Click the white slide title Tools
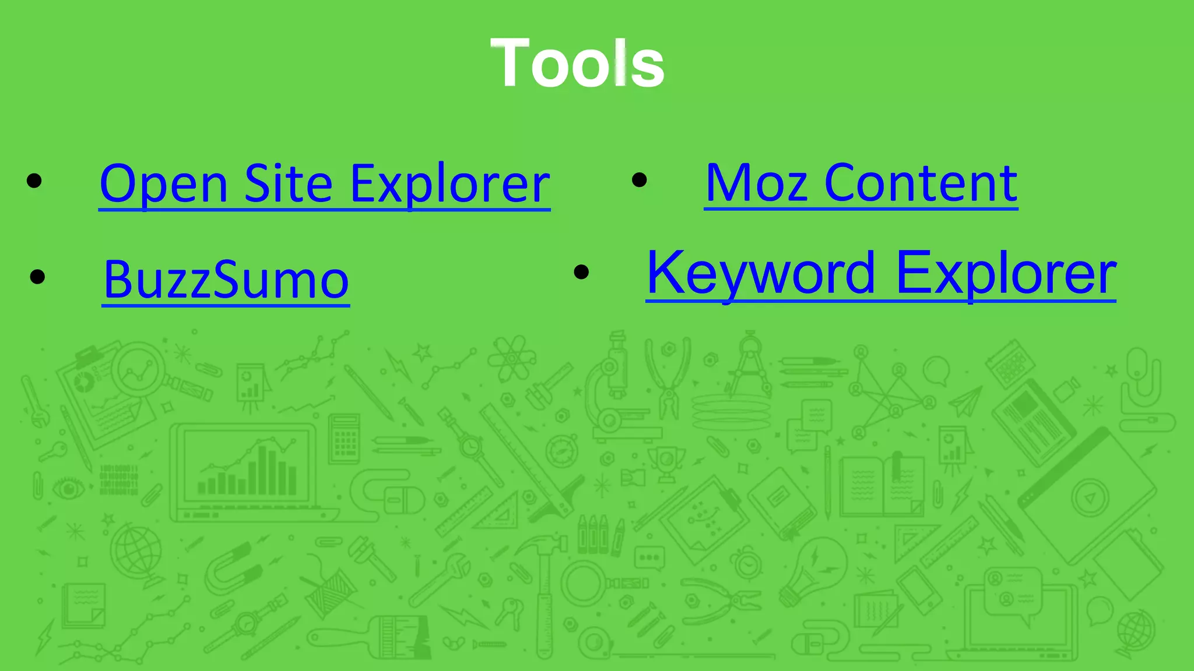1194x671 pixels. [577, 63]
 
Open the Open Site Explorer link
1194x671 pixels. [324, 183]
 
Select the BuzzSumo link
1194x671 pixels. [226, 280]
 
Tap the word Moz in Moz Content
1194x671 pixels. [757, 183]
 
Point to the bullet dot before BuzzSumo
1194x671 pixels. [37, 277]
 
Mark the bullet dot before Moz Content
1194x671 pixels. [639, 180]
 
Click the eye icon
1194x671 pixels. [69, 488]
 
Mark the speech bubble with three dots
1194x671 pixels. [649, 558]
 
